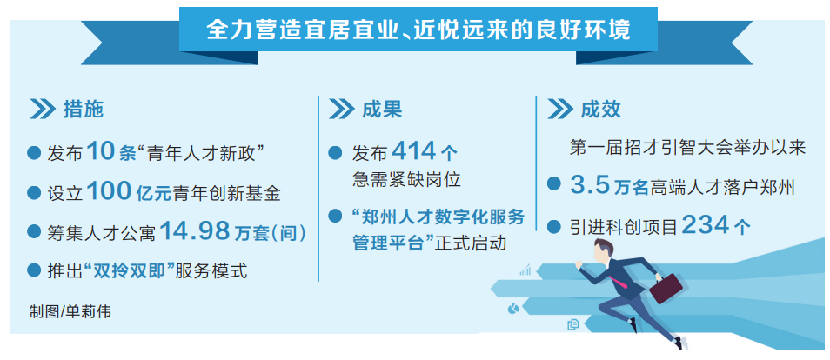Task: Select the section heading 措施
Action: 83,110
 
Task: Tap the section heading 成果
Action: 382,110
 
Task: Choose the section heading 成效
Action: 600,110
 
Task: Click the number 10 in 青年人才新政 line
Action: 101,152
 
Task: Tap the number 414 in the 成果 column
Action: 415,152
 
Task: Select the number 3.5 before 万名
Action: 591,185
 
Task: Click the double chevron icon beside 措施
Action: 43,110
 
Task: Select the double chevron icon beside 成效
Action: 559,110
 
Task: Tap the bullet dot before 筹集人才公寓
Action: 34,232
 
